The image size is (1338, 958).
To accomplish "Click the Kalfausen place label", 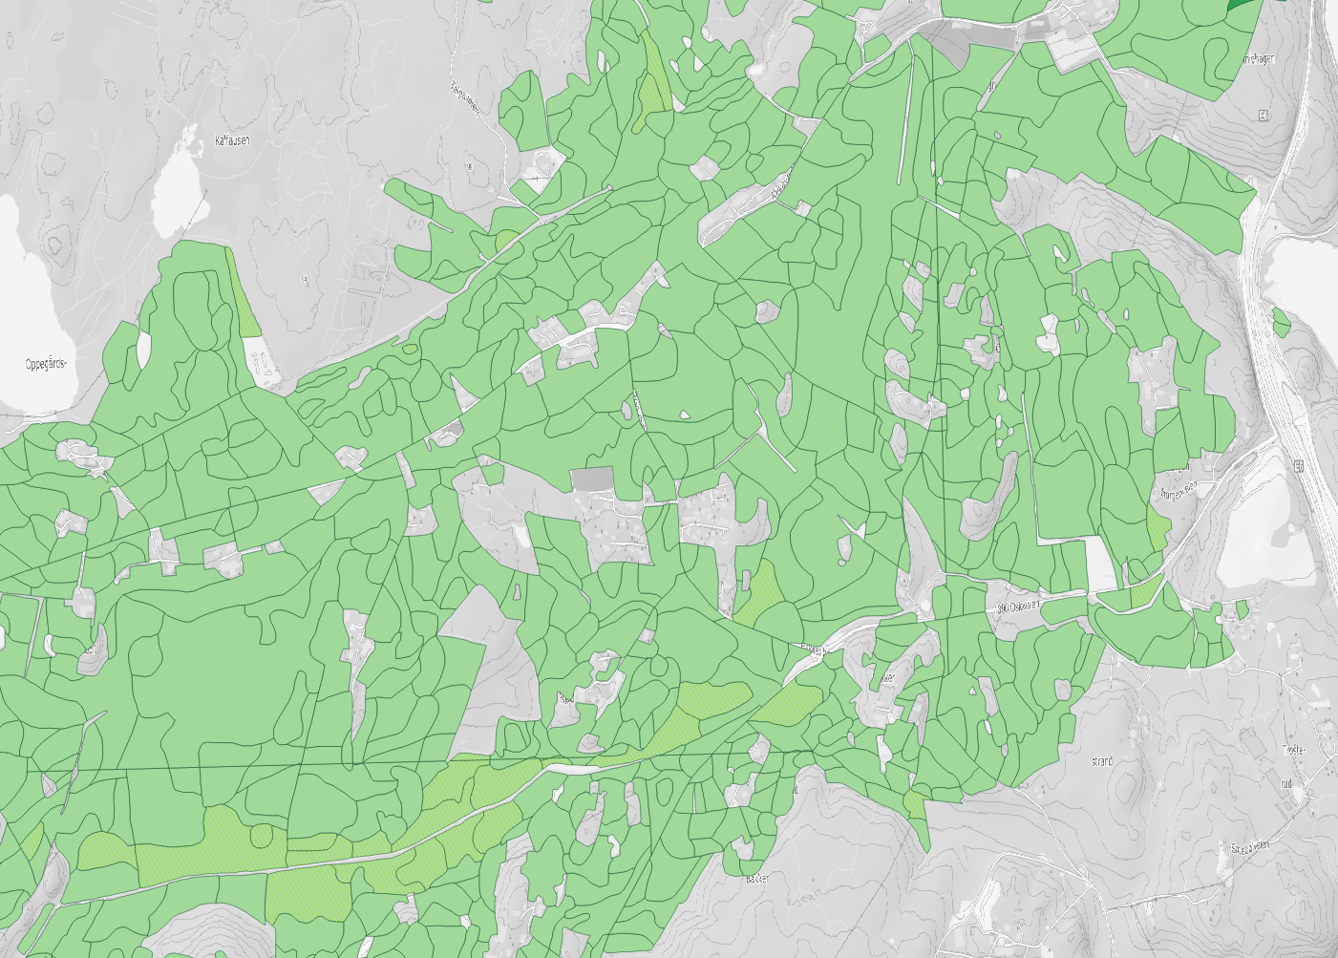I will tap(232, 140).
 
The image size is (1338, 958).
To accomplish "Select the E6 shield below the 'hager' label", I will tap(1264, 117).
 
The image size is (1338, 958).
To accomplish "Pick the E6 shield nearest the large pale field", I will tap(1298, 466).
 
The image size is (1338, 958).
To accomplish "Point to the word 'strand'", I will tap(1101, 762).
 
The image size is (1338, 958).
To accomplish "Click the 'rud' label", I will tap(1285, 783).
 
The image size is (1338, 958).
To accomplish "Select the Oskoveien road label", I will tap(1016, 606).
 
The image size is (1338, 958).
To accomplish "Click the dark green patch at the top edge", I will tap(1240, 4).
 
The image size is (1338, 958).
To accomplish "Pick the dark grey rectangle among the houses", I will tap(592, 478).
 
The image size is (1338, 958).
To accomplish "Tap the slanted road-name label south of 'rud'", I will tap(1249, 846).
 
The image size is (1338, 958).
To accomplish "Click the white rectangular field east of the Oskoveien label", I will tap(1100, 564).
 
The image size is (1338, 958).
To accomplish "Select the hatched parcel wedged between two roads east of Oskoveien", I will tap(1146, 592).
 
